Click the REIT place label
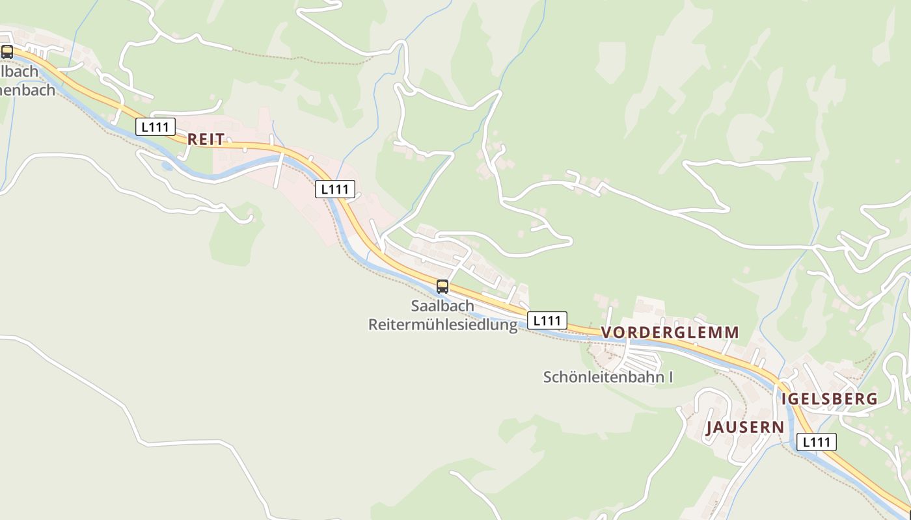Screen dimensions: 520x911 click(x=206, y=139)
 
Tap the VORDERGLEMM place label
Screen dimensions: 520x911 click(x=670, y=332)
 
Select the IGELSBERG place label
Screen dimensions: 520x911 click(x=829, y=399)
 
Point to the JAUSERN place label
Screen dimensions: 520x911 click(x=745, y=427)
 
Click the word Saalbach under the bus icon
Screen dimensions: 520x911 click(x=442, y=305)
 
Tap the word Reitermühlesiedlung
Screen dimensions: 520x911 click(x=442, y=324)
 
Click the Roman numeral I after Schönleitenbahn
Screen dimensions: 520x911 click(x=670, y=377)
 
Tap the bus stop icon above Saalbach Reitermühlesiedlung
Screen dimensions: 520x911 click(x=442, y=286)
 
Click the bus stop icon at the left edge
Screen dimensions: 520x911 click(x=7, y=52)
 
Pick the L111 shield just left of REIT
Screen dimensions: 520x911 click(x=156, y=127)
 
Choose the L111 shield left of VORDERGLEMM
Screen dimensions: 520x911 click(x=547, y=320)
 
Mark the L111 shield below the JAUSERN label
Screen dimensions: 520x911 click(x=817, y=442)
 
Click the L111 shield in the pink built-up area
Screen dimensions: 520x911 click(x=335, y=189)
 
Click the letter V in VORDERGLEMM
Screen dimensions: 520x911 click(x=606, y=332)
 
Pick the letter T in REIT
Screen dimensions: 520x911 click(x=221, y=139)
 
